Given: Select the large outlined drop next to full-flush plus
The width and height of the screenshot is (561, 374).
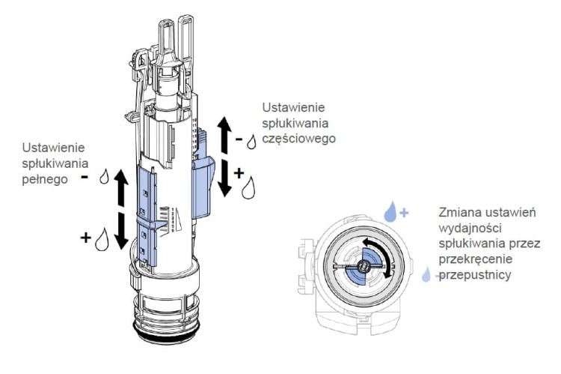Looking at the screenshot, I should [105, 240].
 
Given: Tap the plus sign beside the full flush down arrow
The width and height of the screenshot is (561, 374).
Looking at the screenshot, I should [88, 239].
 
